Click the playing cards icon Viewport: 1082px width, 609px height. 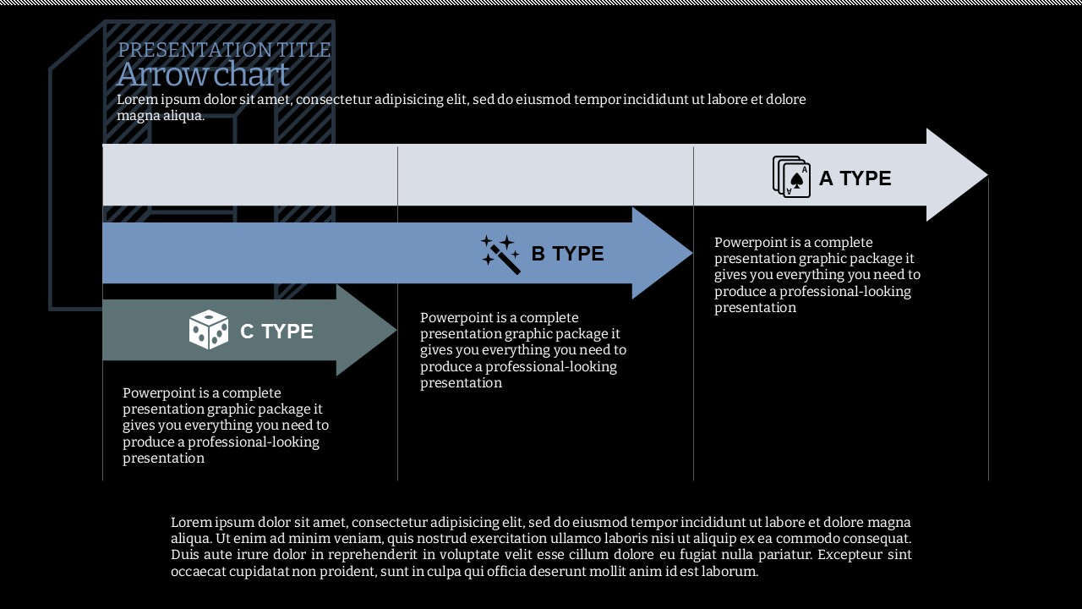click(791, 177)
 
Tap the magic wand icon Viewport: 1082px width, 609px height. click(500, 254)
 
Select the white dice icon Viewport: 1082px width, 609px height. click(209, 330)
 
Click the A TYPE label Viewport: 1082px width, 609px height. click(855, 178)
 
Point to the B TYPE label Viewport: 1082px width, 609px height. click(567, 254)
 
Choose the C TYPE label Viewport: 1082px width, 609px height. click(276, 332)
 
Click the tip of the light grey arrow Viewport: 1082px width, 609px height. click(985, 175)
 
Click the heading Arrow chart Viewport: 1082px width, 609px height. click(203, 75)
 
